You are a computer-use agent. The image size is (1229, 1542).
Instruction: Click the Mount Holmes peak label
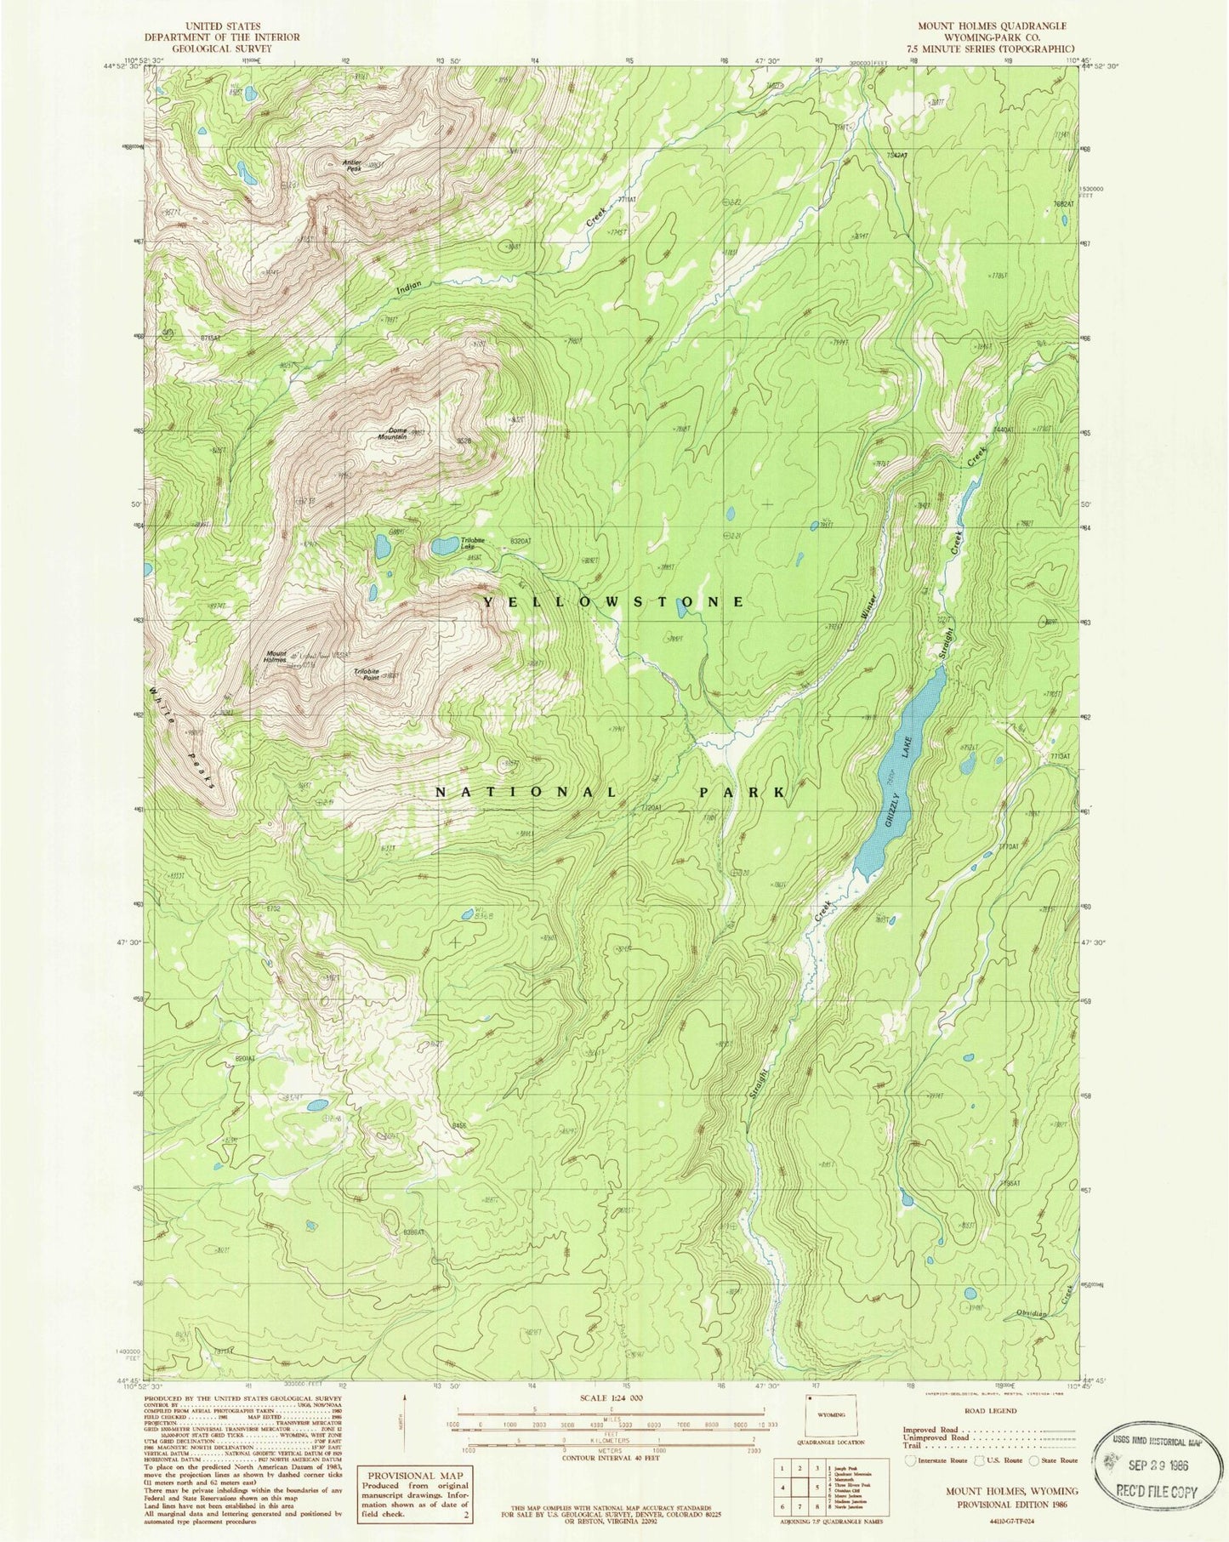[275, 657]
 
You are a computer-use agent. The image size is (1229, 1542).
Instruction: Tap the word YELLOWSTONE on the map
[614, 601]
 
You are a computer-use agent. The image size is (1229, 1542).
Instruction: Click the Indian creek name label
[409, 289]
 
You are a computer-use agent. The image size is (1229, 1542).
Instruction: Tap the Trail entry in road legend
[910, 1446]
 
